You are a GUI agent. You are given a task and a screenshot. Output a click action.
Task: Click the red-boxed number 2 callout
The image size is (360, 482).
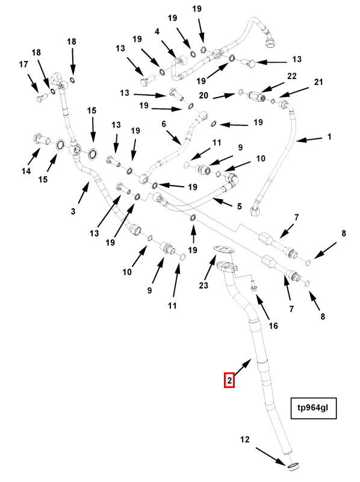229,380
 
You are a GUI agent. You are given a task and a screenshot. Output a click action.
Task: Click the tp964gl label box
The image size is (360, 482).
314,408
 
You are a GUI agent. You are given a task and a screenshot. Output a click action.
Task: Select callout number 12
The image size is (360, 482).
245,440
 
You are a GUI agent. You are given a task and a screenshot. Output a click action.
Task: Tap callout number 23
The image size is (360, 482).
203,285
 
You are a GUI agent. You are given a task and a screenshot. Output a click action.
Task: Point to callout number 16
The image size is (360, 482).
273,325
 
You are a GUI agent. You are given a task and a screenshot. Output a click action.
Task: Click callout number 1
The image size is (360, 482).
329,136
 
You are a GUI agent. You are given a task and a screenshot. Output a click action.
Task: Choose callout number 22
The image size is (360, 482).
292,76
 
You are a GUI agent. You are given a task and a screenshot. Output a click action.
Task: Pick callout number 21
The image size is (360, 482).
318,82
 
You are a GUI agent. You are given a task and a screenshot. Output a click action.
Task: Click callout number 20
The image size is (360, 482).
203,96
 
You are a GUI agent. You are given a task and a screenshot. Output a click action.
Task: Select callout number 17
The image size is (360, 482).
23,64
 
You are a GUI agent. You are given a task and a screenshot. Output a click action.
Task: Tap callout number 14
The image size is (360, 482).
26,171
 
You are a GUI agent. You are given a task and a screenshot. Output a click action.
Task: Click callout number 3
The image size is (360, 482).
73,211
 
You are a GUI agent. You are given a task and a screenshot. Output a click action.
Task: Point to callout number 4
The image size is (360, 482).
157,31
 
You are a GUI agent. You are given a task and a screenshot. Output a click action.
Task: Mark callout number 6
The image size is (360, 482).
164,124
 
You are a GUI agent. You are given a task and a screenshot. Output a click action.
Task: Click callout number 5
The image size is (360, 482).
240,206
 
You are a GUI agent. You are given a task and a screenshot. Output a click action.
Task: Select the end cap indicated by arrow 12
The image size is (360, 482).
293,467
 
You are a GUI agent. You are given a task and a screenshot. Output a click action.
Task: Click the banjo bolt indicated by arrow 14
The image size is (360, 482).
40,140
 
